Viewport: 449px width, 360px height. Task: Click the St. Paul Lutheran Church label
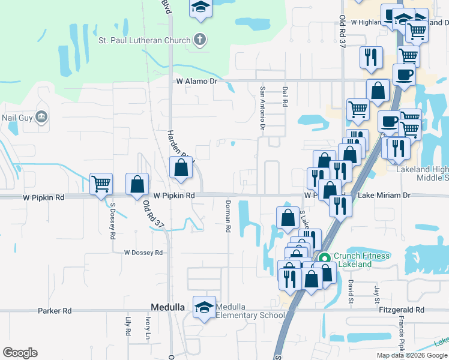[144, 41]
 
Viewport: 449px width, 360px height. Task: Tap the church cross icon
[199, 40]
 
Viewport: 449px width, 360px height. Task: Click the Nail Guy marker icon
[41, 116]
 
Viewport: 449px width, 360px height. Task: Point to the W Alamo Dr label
[195, 80]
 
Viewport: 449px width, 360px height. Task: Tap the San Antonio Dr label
[262, 108]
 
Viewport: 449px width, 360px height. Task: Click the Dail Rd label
[285, 97]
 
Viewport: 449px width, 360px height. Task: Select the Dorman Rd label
[228, 217]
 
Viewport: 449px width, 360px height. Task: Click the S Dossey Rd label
[112, 221]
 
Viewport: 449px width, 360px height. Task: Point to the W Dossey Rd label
[143, 253]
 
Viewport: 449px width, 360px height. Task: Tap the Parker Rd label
[54, 311]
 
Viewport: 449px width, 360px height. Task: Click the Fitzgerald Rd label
[402, 310]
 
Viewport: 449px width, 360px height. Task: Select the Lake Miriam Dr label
[384, 195]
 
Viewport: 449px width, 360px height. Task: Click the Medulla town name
[167, 307]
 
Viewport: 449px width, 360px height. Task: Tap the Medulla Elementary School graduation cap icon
[203, 306]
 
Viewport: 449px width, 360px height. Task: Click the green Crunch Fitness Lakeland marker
[325, 259]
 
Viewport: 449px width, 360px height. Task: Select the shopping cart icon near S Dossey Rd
[101, 183]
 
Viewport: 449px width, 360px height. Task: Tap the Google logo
[20, 353]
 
